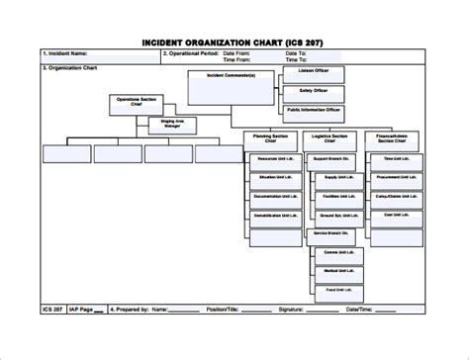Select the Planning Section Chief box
[270, 140]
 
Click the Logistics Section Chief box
[331, 140]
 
